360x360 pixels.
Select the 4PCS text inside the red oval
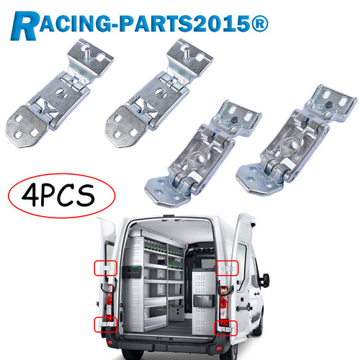(58, 196)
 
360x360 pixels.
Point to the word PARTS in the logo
(156, 24)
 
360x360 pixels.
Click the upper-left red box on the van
(105, 268)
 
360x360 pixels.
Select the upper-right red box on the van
(227, 268)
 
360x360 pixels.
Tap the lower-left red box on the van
(105, 325)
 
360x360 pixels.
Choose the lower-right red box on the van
(225, 328)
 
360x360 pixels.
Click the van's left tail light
(109, 303)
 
